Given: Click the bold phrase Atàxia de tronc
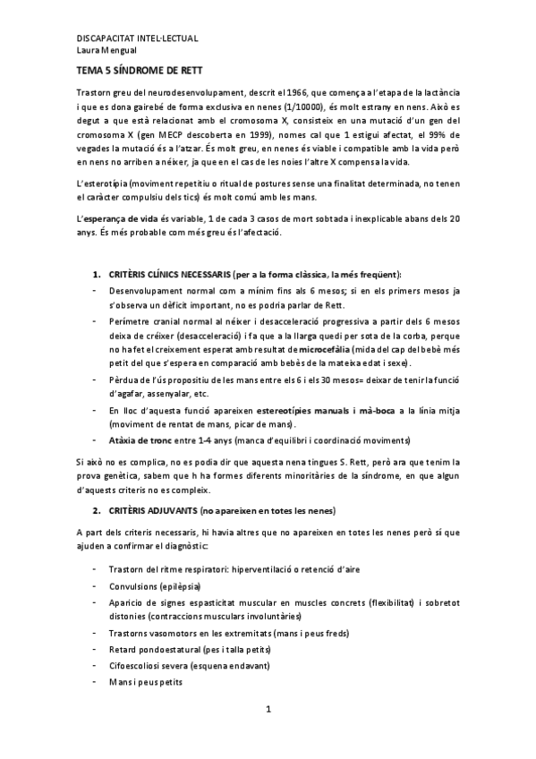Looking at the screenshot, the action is pos(140,440).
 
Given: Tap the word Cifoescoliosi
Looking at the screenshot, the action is pos(132,665).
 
